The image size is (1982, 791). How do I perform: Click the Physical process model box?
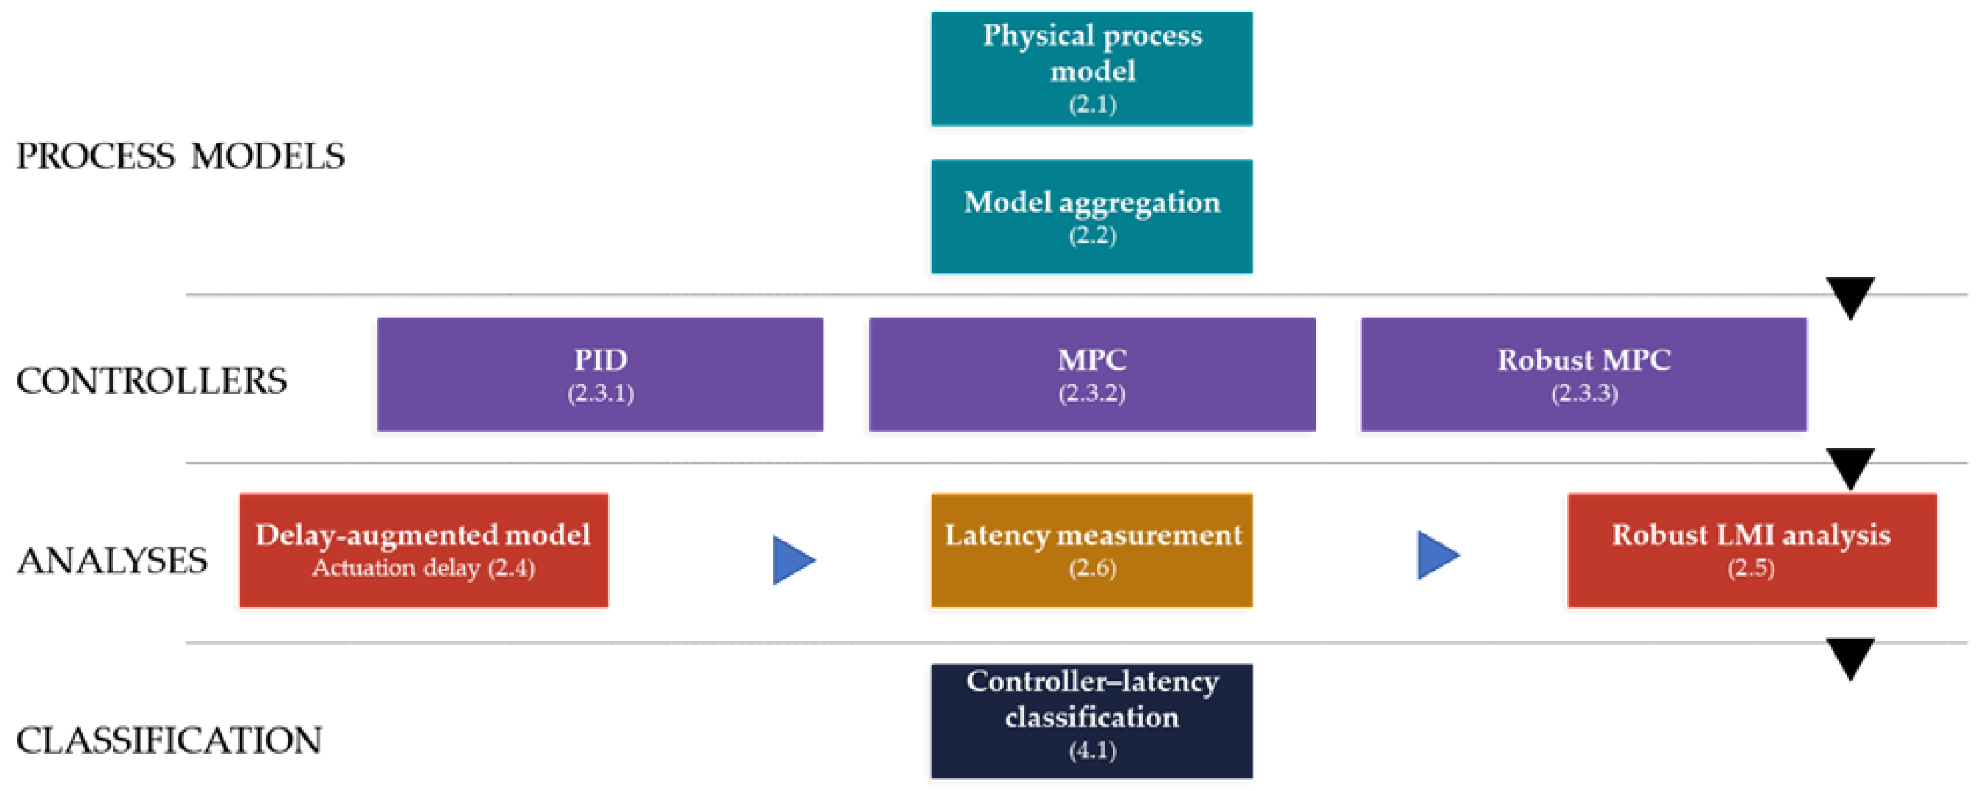tap(1092, 69)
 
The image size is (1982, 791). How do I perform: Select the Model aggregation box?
tap(1092, 216)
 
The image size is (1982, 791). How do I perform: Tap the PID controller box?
tap(600, 374)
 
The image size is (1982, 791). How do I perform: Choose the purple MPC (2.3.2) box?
tap(1092, 374)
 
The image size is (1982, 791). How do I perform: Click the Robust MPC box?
tap(1584, 374)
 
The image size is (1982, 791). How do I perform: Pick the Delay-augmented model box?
tap(424, 550)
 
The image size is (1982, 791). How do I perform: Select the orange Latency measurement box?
tap(1092, 550)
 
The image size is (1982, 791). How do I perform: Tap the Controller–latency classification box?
tap(1092, 721)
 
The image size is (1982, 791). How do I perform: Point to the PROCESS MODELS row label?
tap(181, 156)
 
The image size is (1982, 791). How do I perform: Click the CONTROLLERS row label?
tap(152, 381)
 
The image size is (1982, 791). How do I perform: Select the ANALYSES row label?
tap(112, 561)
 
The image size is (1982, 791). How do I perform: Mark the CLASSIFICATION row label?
tap(169, 740)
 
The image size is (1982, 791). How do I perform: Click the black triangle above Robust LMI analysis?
tap(1850, 468)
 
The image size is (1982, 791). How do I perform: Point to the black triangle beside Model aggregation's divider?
tap(1850, 298)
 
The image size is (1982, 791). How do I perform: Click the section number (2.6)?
tap(1092, 568)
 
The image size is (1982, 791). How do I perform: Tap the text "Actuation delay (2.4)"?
tap(424, 568)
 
